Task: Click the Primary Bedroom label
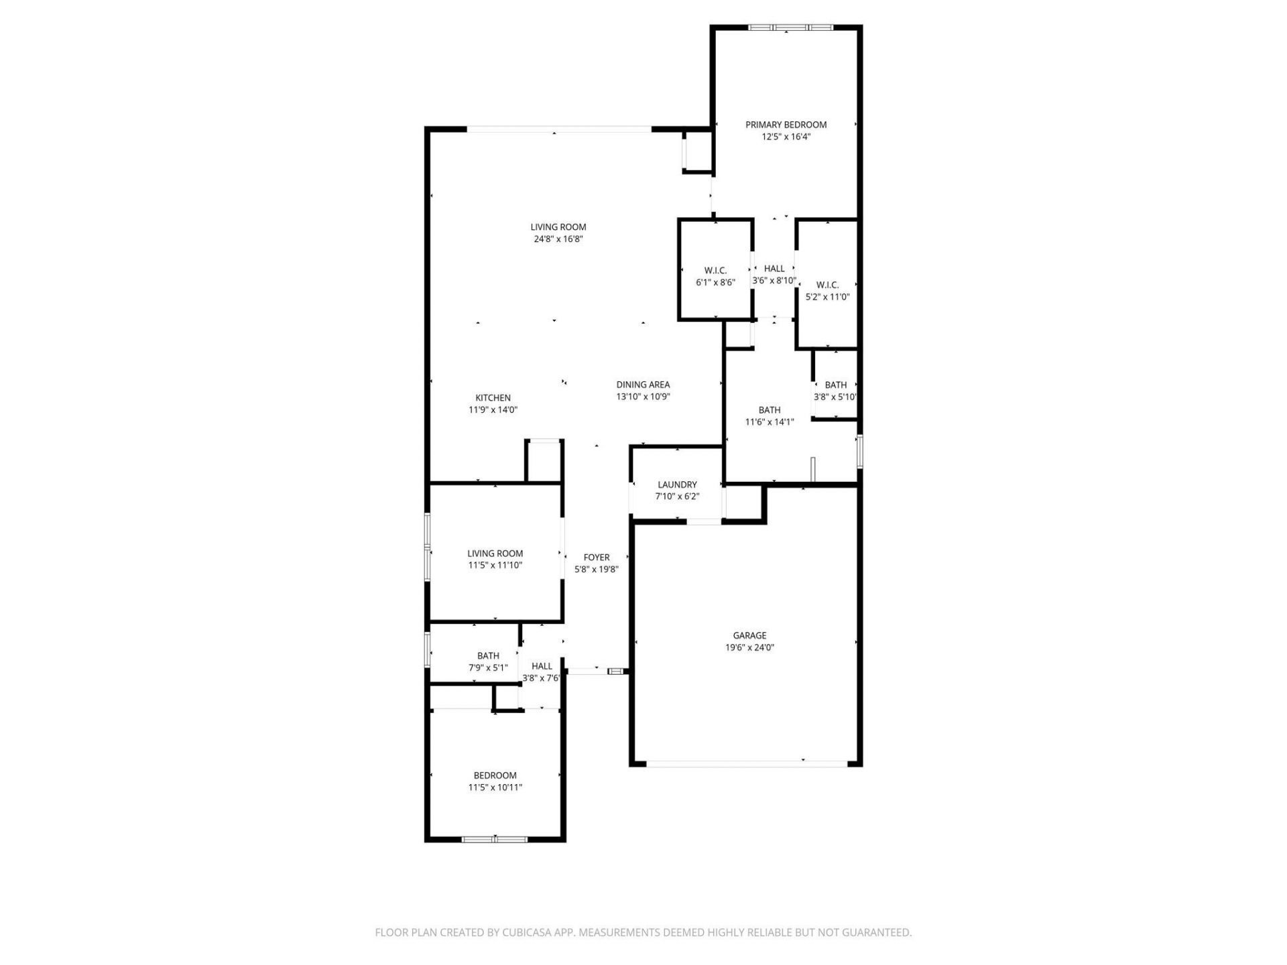(786, 125)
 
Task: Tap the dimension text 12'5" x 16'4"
(786, 137)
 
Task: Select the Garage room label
(749, 635)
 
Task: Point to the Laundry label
(677, 485)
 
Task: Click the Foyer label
(596, 558)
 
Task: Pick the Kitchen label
(493, 398)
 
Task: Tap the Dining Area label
(643, 385)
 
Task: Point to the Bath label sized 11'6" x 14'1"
(769, 410)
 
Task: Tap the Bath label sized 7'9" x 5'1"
(488, 656)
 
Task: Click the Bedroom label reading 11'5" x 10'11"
(495, 776)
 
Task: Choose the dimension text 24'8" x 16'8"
(558, 239)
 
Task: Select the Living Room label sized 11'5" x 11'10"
(495, 554)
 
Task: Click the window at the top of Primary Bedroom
(790, 27)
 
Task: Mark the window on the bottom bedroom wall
(495, 838)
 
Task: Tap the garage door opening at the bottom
(746, 763)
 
